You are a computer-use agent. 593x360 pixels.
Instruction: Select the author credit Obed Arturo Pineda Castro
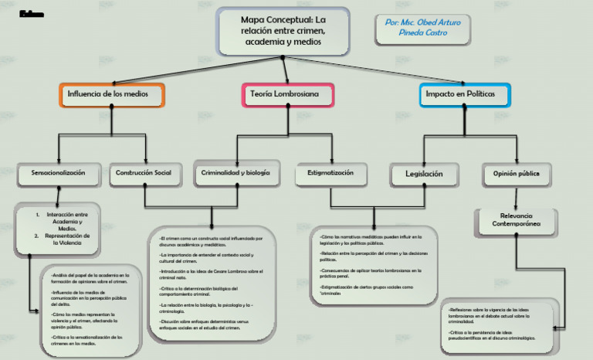click(422, 28)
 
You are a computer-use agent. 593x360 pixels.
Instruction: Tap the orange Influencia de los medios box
click(113, 94)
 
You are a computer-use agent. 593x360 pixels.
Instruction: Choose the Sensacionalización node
click(59, 173)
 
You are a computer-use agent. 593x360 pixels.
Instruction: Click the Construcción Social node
click(144, 173)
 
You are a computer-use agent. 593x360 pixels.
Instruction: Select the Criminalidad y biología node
click(236, 173)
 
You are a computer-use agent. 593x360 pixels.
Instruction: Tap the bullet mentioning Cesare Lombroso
click(211, 274)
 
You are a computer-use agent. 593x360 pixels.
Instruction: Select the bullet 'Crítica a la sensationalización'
click(86, 341)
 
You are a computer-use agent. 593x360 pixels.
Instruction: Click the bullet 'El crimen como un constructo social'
click(211, 241)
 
